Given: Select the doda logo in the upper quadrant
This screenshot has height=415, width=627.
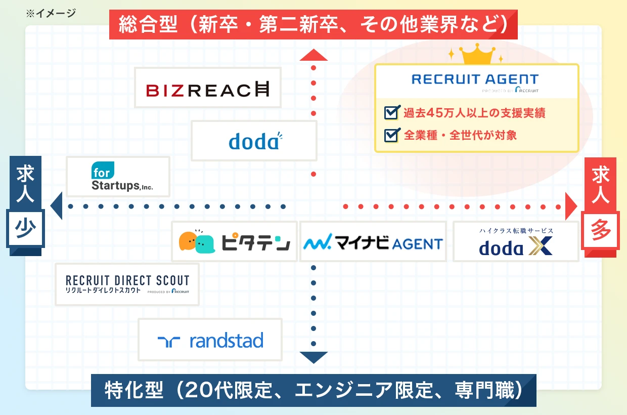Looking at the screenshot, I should coord(254,141).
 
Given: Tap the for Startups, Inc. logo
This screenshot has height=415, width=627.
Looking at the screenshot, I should coord(118,177).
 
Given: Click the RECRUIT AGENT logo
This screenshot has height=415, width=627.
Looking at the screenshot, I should coord(475,81).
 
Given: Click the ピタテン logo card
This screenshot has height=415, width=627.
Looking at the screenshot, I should coord(234,241).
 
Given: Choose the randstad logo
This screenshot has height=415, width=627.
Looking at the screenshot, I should coord(210,340).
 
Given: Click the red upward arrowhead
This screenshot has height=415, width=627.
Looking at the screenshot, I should coord(313,55).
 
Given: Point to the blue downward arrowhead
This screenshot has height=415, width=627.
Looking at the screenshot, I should coord(313,357).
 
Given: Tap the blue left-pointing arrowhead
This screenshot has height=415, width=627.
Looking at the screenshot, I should coord(56,206).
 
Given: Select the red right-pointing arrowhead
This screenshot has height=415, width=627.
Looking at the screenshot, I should coord(571,206).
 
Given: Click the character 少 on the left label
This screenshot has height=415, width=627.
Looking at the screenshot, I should coord(24,229).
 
